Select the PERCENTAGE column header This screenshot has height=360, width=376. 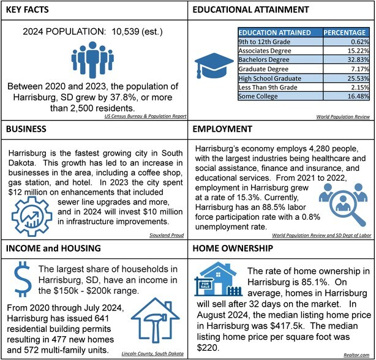click(x=345, y=32)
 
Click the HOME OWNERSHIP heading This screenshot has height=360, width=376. click(x=235, y=250)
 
